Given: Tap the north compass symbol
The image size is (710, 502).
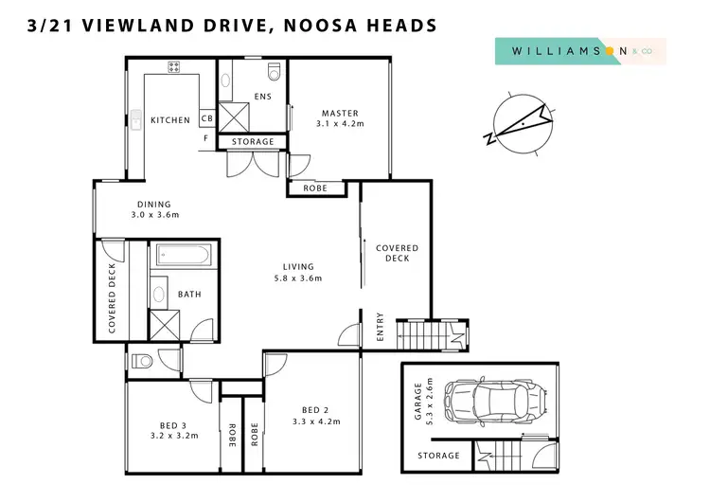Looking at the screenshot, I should point(517,123).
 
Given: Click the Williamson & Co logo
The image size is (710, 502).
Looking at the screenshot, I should point(580,51).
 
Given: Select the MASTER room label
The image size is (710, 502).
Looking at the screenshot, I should point(338,114).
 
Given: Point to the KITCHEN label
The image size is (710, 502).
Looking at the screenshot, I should point(170,120).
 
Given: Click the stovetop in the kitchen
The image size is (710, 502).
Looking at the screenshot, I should point(174,66).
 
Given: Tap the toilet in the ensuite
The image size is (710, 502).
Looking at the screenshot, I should point(275,71).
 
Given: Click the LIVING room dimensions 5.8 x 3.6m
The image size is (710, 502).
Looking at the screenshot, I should point(298,278).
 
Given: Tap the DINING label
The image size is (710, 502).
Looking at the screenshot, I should point(153,204).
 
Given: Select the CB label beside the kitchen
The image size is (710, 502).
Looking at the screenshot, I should point(206,118).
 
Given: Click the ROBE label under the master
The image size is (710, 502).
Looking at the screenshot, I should point(314,188).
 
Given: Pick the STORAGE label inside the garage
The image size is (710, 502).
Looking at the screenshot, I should point(439,456).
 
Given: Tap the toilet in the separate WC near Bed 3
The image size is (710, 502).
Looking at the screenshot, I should point(141,360).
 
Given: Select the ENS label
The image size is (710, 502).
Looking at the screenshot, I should point(263,96).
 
